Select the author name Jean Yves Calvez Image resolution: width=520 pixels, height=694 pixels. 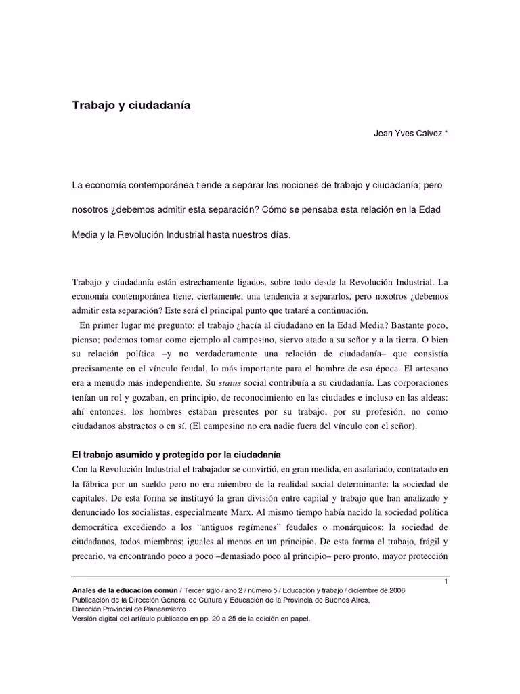coord(406,133)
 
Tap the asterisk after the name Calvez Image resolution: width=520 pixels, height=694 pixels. coord(445,133)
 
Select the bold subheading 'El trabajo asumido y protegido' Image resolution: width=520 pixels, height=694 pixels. coord(176,453)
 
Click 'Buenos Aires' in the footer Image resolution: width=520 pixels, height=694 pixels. coord(348,600)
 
